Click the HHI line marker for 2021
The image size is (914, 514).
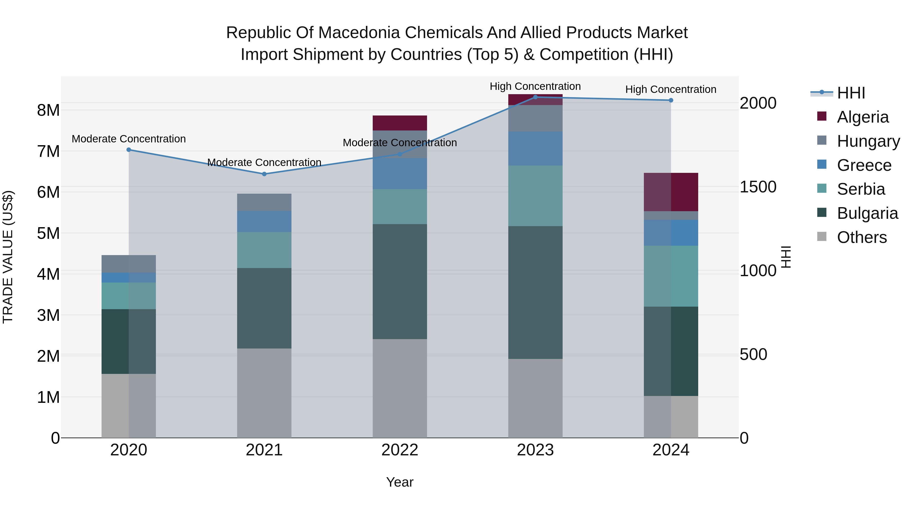(264, 174)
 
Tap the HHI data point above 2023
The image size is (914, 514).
(535, 97)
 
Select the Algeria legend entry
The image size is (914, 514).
(862, 117)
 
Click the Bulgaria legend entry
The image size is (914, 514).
(867, 213)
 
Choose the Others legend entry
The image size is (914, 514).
(861, 237)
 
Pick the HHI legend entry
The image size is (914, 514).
(851, 93)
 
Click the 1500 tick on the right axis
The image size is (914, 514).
(758, 187)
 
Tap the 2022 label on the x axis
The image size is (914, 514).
(400, 450)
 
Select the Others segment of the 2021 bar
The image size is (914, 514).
(264, 393)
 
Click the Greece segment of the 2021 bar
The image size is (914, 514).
(264, 221)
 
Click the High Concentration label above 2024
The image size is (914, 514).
(671, 89)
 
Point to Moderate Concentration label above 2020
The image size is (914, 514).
(128, 139)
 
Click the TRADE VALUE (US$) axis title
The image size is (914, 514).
(8, 257)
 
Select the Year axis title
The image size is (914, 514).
(400, 482)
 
